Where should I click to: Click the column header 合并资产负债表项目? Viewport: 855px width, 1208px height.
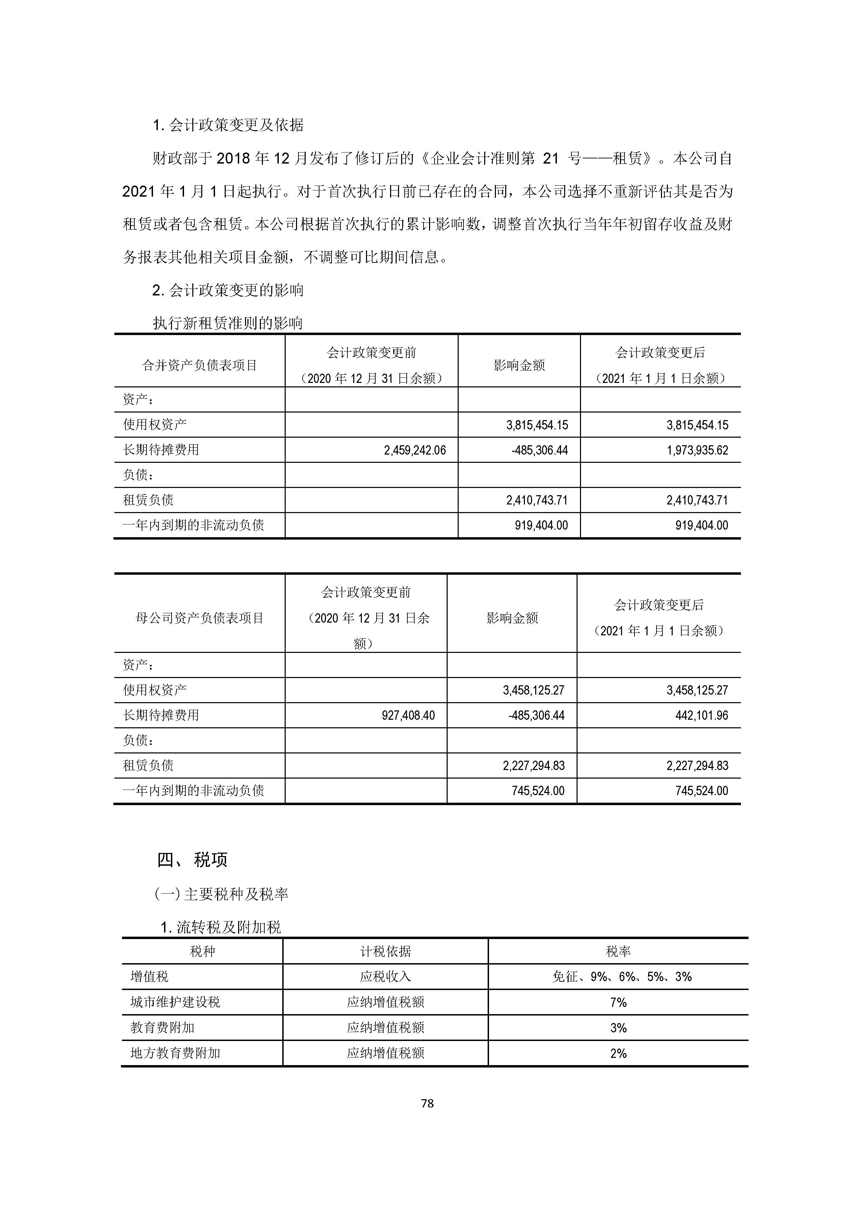(200, 365)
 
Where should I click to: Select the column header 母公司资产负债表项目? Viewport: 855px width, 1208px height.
(200, 618)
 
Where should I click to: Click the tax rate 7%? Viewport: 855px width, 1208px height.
(618, 1002)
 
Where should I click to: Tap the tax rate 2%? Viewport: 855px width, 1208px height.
(618, 1053)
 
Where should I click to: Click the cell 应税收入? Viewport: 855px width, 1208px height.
(385, 977)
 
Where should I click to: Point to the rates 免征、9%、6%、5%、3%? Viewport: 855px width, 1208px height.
(622, 977)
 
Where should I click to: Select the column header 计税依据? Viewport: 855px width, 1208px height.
(385, 951)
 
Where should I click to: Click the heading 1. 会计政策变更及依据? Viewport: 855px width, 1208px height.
(228, 125)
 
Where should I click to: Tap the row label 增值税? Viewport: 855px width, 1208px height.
(150, 977)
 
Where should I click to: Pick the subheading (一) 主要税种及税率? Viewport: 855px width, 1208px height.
(221, 894)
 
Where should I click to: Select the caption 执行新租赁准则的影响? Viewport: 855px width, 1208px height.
(227, 323)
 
